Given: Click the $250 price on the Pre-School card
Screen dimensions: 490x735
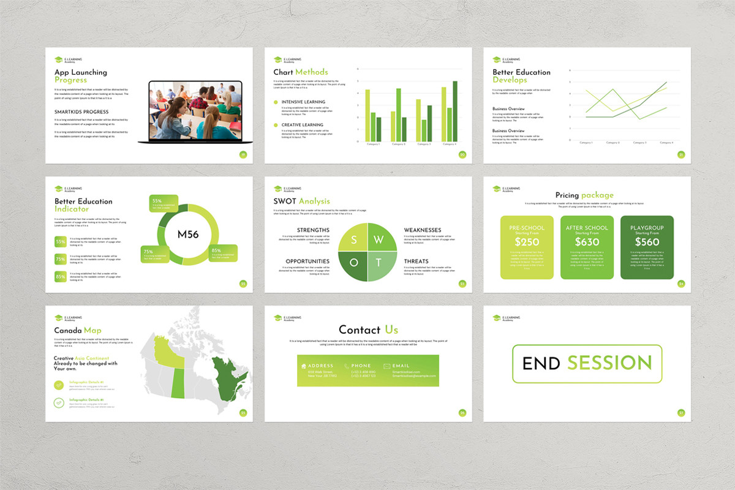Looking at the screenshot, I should pos(527,242).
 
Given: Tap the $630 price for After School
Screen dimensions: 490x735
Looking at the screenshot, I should pos(587,242).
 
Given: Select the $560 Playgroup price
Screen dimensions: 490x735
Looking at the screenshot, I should pos(647,242).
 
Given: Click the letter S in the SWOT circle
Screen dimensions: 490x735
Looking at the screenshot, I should pos(354,239).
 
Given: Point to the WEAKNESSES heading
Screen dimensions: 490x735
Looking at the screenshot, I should pos(422,230).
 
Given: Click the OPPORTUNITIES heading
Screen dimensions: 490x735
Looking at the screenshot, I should pos(307,262).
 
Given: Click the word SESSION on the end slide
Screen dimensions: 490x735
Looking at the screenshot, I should pos(609,363).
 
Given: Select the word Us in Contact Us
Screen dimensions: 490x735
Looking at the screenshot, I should pos(391,330).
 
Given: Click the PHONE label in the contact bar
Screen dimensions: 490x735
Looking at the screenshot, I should pos(361,366).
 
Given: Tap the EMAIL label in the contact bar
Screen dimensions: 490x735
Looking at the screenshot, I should pos(401,366).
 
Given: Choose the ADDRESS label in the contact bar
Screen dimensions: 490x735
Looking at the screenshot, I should pos(321,366).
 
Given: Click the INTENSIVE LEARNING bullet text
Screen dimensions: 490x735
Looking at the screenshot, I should pos(303,102).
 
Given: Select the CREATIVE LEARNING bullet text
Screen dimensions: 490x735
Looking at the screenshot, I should pos(303,125).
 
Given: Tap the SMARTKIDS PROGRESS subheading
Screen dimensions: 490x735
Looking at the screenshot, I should pos(81,112).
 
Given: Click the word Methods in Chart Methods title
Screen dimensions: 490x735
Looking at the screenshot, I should pos(312,72).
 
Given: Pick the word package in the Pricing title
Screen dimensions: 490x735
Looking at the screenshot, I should pos(597,195).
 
